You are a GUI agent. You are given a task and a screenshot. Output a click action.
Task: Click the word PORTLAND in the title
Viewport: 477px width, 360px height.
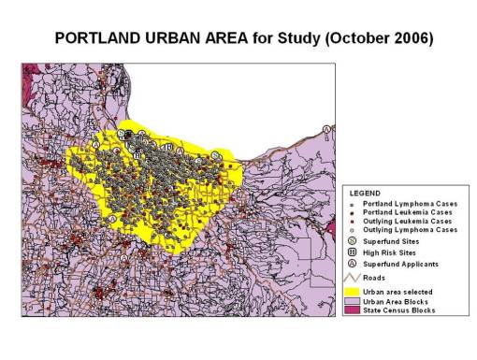tap(97, 39)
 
